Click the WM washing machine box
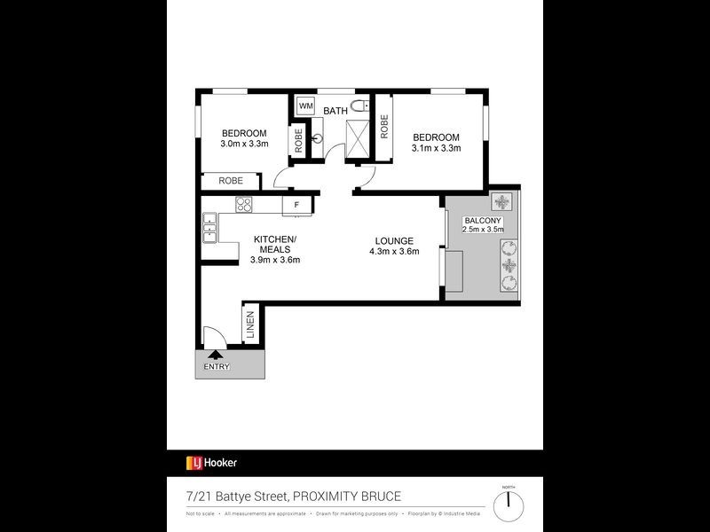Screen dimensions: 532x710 [306, 106]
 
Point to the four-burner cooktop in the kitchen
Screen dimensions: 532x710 [244, 206]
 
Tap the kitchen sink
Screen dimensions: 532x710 [210, 229]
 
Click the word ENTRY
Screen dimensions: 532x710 [216, 366]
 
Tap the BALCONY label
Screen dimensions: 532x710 [483, 220]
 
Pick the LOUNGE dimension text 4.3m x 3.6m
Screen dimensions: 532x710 [394, 251]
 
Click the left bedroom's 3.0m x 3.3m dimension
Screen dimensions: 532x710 [244, 145]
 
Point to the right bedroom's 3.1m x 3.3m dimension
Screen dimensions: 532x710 [436, 148]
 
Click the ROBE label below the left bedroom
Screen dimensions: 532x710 [231, 181]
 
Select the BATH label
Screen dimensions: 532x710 [335, 111]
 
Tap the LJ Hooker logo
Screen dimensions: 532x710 [211, 462]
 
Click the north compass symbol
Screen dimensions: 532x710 [509, 505]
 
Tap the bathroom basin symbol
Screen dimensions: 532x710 [317, 139]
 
